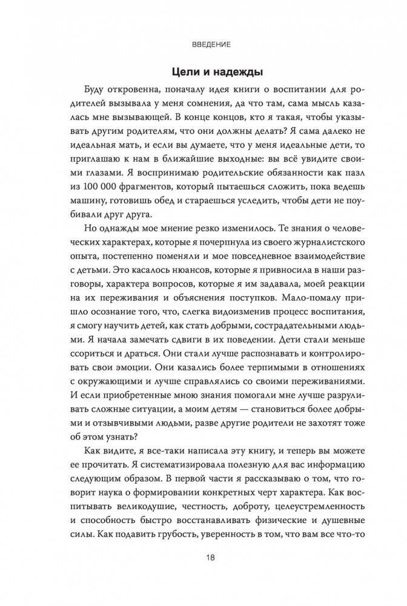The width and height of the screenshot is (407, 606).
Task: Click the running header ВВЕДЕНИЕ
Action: (x=203, y=44)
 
